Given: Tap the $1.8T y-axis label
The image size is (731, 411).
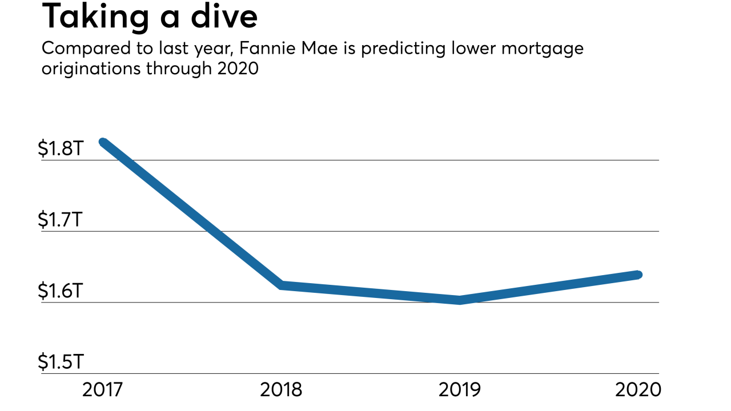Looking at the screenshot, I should (61, 148).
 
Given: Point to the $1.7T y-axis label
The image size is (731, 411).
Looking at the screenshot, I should (61, 220).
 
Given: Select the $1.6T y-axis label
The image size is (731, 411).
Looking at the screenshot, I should (61, 291).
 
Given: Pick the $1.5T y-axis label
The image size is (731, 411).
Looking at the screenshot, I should (61, 362).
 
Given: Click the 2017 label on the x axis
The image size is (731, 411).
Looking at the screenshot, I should (103, 390).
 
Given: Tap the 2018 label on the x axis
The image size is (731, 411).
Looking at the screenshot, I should (281, 390).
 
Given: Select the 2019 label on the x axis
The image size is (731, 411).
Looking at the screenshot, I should (460, 390).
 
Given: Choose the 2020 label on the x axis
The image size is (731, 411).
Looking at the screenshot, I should (638, 390).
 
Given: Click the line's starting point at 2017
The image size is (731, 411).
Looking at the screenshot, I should (103, 142).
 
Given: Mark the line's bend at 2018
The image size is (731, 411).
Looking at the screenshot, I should (282, 285).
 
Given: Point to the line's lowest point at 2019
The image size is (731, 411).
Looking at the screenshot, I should (460, 300).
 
